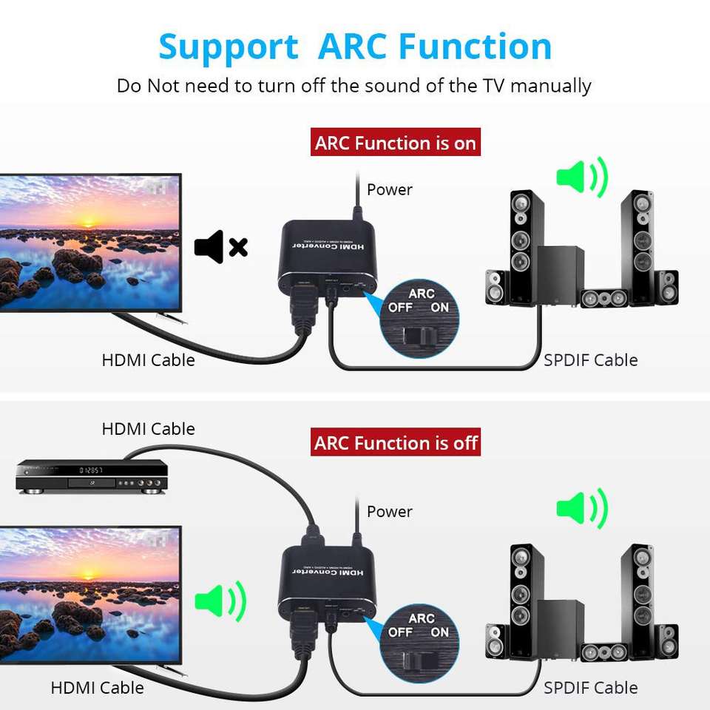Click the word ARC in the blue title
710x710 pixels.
[353, 47]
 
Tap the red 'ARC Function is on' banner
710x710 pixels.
[396, 143]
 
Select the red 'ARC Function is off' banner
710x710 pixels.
[396, 444]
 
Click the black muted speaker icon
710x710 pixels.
[220, 247]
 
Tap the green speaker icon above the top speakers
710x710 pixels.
[581, 177]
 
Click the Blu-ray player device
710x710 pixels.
[92, 476]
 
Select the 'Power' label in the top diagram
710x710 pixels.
[389, 190]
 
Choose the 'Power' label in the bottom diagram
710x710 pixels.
[389, 512]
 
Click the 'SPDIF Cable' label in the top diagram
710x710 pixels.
[590, 361]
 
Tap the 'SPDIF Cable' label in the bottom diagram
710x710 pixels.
[590, 688]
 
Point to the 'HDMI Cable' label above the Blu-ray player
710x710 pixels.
[148, 429]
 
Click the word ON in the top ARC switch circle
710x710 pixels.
[440, 307]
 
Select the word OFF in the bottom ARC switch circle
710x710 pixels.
[400, 632]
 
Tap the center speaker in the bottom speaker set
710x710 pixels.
[604, 652]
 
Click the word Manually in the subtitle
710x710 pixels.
[550, 86]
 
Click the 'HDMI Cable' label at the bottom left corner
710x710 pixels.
[97, 688]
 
